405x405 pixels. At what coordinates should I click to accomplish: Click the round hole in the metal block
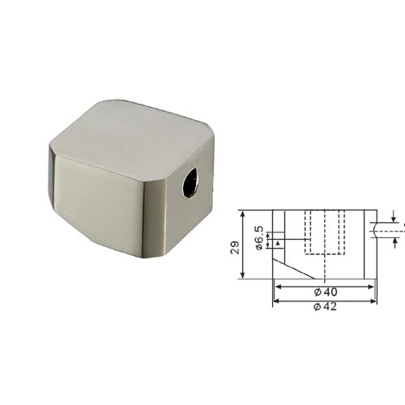click(x=190, y=183)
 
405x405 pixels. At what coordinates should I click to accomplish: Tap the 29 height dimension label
click(x=235, y=247)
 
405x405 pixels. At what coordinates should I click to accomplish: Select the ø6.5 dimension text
click(x=258, y=238)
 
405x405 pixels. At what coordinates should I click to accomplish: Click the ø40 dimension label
click(x=326, y=292)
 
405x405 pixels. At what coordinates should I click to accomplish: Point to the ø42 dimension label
click(x=325, y=306)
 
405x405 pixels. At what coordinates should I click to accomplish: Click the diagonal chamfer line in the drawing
click(x=294, y=269)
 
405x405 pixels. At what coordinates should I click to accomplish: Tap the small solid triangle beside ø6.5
click(x=278, y=243)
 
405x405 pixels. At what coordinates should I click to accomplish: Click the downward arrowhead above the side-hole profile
click(x=394, y=220)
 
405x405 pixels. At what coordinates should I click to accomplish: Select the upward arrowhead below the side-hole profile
click(x=395, y=241)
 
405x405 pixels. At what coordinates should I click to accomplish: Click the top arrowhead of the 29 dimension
click(x=243, y=214)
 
